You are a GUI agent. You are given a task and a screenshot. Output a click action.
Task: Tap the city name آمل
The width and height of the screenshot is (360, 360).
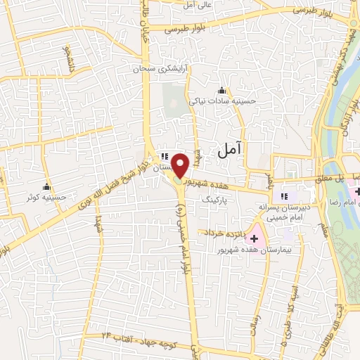(x=229, y=149)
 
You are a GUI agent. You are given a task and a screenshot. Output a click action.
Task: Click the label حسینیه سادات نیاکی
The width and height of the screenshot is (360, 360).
(x=223, y=101)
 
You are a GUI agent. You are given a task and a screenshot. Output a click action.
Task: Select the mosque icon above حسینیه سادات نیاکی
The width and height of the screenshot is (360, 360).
(x=222, y=90)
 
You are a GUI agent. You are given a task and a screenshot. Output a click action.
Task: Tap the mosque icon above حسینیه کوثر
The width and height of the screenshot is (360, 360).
(x=47, y=187)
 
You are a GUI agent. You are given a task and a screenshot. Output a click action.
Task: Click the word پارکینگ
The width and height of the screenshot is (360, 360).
(x=216, y=200)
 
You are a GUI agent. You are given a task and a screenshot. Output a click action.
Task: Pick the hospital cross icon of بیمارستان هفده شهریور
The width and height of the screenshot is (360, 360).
(x=255, y=239)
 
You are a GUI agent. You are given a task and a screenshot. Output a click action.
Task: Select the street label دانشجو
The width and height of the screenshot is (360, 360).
(x=69, y=61)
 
